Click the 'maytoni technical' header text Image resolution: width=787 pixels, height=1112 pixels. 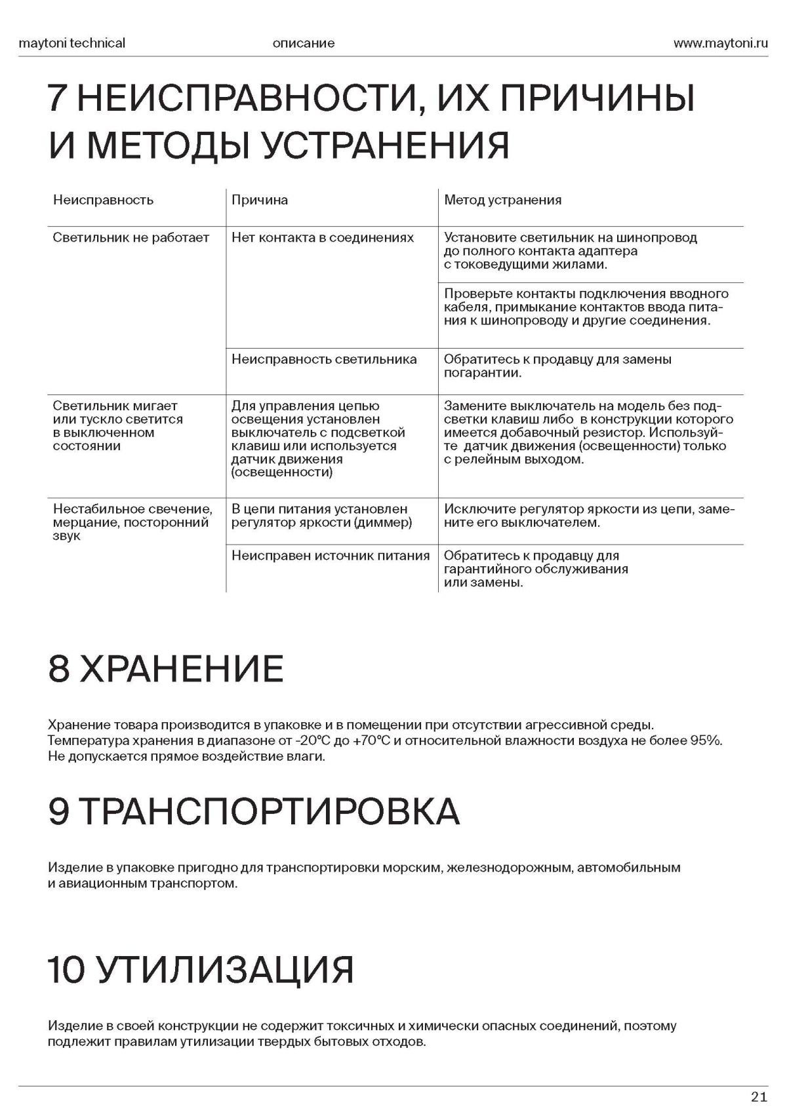pos(71,43)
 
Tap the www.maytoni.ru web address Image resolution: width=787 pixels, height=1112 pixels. pos(720,43)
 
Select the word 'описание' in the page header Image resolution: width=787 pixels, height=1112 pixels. pos(303,43)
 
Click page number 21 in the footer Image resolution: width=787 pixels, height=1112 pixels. pos(759,1097)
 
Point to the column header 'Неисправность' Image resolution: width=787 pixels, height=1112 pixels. pos(103,200)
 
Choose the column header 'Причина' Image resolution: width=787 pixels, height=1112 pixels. pos(260,200)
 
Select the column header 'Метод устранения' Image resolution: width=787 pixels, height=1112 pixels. pos(502,200)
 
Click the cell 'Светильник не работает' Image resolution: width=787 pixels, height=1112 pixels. pos(131,237)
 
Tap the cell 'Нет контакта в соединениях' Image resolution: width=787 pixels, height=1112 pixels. pos(323,237)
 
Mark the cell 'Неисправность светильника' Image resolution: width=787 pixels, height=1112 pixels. pos(324,359)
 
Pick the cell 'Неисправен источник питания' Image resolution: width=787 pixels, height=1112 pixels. pos(331,556)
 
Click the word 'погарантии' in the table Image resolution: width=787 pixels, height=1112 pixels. pos(482,374)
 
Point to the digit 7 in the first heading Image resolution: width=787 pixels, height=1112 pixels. pos(58,99)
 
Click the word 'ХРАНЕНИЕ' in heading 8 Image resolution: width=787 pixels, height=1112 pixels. pos(182,668)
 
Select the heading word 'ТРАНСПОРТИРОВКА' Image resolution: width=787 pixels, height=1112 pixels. pos(272,811)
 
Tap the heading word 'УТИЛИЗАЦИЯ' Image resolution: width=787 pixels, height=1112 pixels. pos(226,969)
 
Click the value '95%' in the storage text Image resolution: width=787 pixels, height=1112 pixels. pos(706,741)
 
